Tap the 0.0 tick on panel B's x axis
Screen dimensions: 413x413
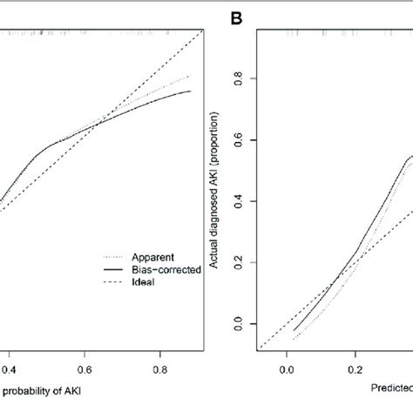tap(288, 370)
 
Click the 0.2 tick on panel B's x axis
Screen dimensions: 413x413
tap(355, 370)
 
